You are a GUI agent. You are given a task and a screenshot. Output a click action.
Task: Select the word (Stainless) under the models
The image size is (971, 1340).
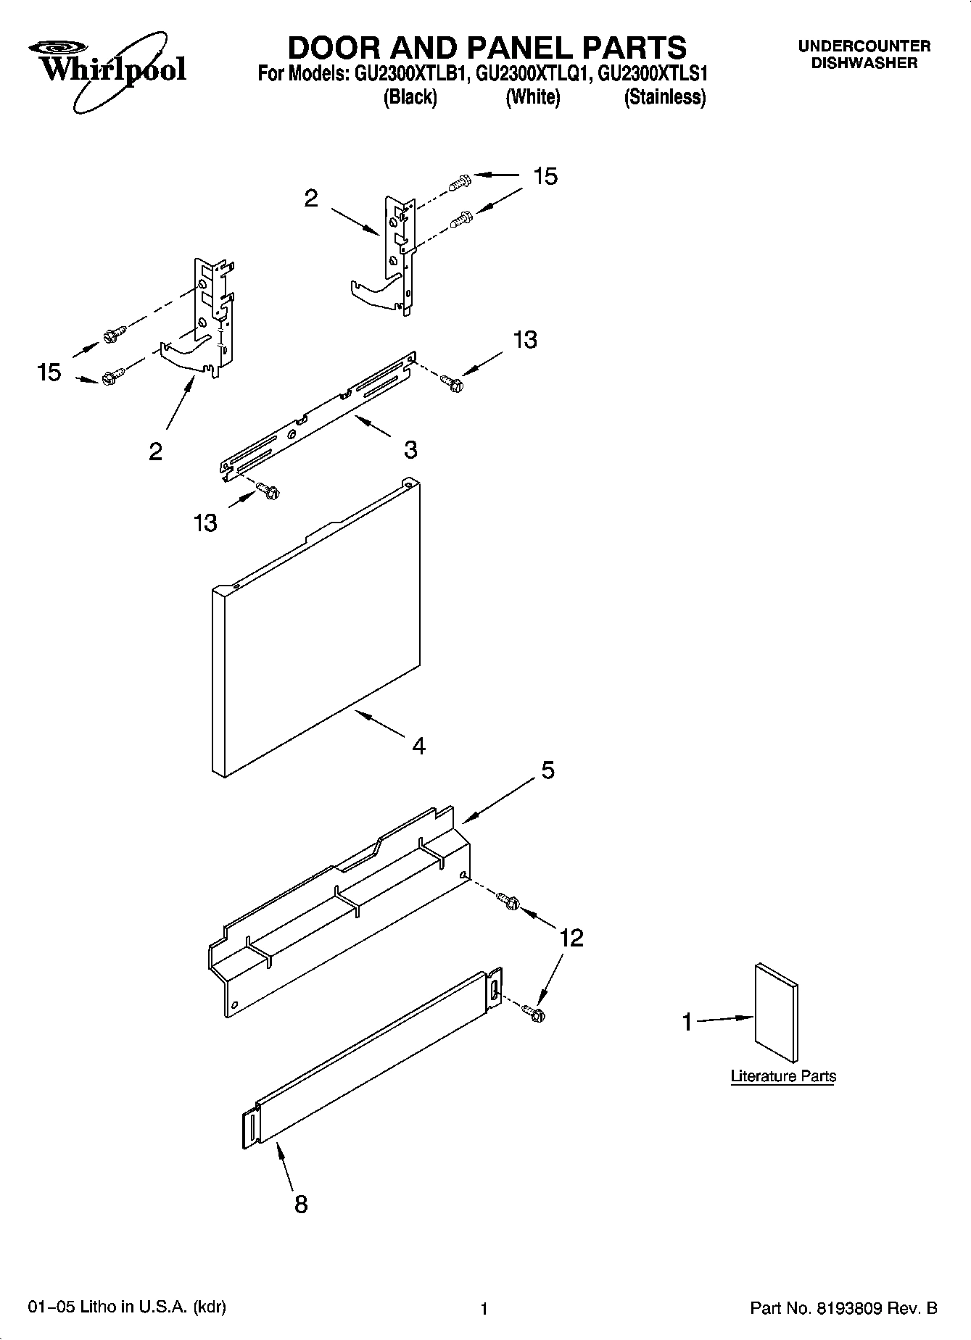pos(665,97)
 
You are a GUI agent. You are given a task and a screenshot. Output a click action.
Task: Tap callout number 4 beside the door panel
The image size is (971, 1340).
pos(419,745)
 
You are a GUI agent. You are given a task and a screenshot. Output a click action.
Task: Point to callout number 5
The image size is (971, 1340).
pos(548,770)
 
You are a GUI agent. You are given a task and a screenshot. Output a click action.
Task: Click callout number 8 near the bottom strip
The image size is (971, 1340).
pos(300,1204)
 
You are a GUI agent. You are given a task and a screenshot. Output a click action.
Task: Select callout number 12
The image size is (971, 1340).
pos(571,938)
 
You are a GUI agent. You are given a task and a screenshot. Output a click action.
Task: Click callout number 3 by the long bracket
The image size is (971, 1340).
pos(410,449)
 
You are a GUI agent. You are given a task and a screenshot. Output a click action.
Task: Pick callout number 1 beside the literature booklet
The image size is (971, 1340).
pos(687,1023)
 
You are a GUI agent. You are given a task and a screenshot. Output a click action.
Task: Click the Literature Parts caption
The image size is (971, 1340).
pos(783,1076)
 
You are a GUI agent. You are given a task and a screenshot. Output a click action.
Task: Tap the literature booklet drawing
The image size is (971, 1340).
pos(777,1012)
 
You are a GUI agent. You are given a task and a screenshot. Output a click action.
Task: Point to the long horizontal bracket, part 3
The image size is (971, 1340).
pos(319,417)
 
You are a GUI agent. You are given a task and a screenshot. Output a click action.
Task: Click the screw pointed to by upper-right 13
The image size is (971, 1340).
pos(453,383)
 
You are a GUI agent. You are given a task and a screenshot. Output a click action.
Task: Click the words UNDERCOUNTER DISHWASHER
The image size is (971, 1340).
pos(864,54)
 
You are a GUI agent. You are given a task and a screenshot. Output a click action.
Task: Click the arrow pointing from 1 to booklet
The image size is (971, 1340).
pos(725,1019)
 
